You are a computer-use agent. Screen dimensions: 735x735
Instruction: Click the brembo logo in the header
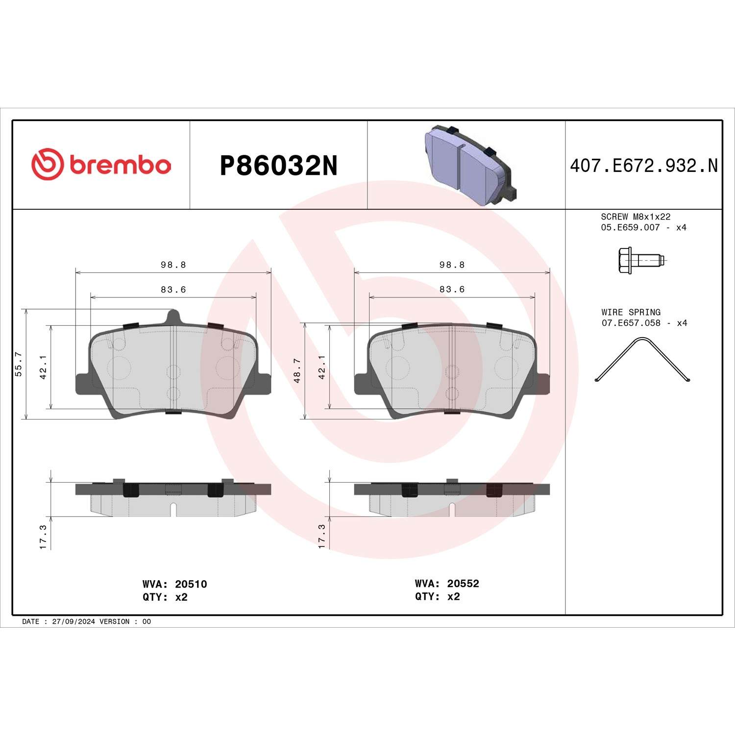[101, 165]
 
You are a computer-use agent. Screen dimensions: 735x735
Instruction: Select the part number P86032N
[278, 166]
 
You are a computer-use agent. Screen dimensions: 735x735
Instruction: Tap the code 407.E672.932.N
[643, 166]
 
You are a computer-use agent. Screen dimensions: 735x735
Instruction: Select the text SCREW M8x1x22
[636, 217]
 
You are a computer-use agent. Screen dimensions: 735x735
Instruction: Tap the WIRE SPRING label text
[631, 312]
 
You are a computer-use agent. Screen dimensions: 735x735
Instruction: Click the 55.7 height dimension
[19, 364]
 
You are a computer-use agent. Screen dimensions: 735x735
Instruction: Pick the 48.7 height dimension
[297, 370]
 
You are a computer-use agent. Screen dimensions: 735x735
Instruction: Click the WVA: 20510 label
[174, 584]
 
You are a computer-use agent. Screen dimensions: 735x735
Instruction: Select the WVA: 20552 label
[447, 584]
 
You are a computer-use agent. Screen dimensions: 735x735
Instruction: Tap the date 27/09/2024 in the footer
[73, 621]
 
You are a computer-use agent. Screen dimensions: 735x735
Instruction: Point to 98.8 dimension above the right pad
[452, 265]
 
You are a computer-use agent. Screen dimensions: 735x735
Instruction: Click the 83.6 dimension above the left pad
[173, 290]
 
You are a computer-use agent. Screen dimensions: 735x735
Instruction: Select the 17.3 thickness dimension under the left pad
[43, 537]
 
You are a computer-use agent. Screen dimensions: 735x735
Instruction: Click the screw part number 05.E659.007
[630, 227]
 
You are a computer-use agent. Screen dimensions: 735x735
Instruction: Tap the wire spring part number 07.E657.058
[631, 323]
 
